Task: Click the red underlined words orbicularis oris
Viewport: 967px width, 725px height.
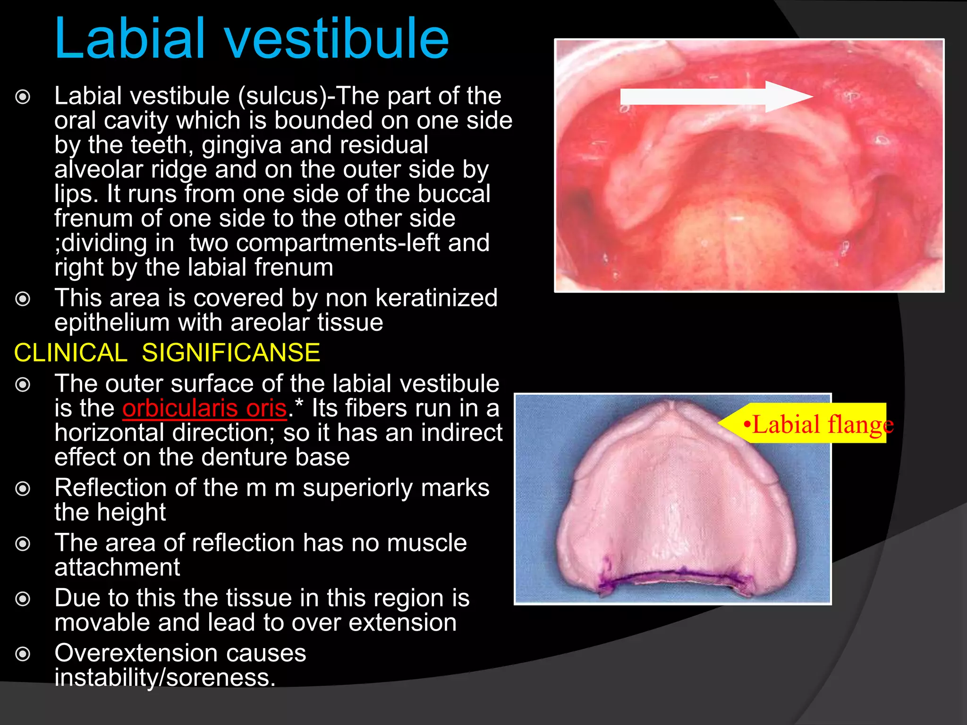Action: [x=204, y=408]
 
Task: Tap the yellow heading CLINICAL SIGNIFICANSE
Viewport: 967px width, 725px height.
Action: [x=167, y=353]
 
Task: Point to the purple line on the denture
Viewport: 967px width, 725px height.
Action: [x=675, y=577]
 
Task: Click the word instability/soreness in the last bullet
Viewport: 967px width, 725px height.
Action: [x=165, y=678]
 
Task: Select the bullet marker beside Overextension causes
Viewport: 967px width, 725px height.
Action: [x=23, y=654]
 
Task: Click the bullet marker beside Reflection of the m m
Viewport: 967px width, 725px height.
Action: [x=23, y=489]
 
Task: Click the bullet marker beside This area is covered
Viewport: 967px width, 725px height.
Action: [x=23, y=299]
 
